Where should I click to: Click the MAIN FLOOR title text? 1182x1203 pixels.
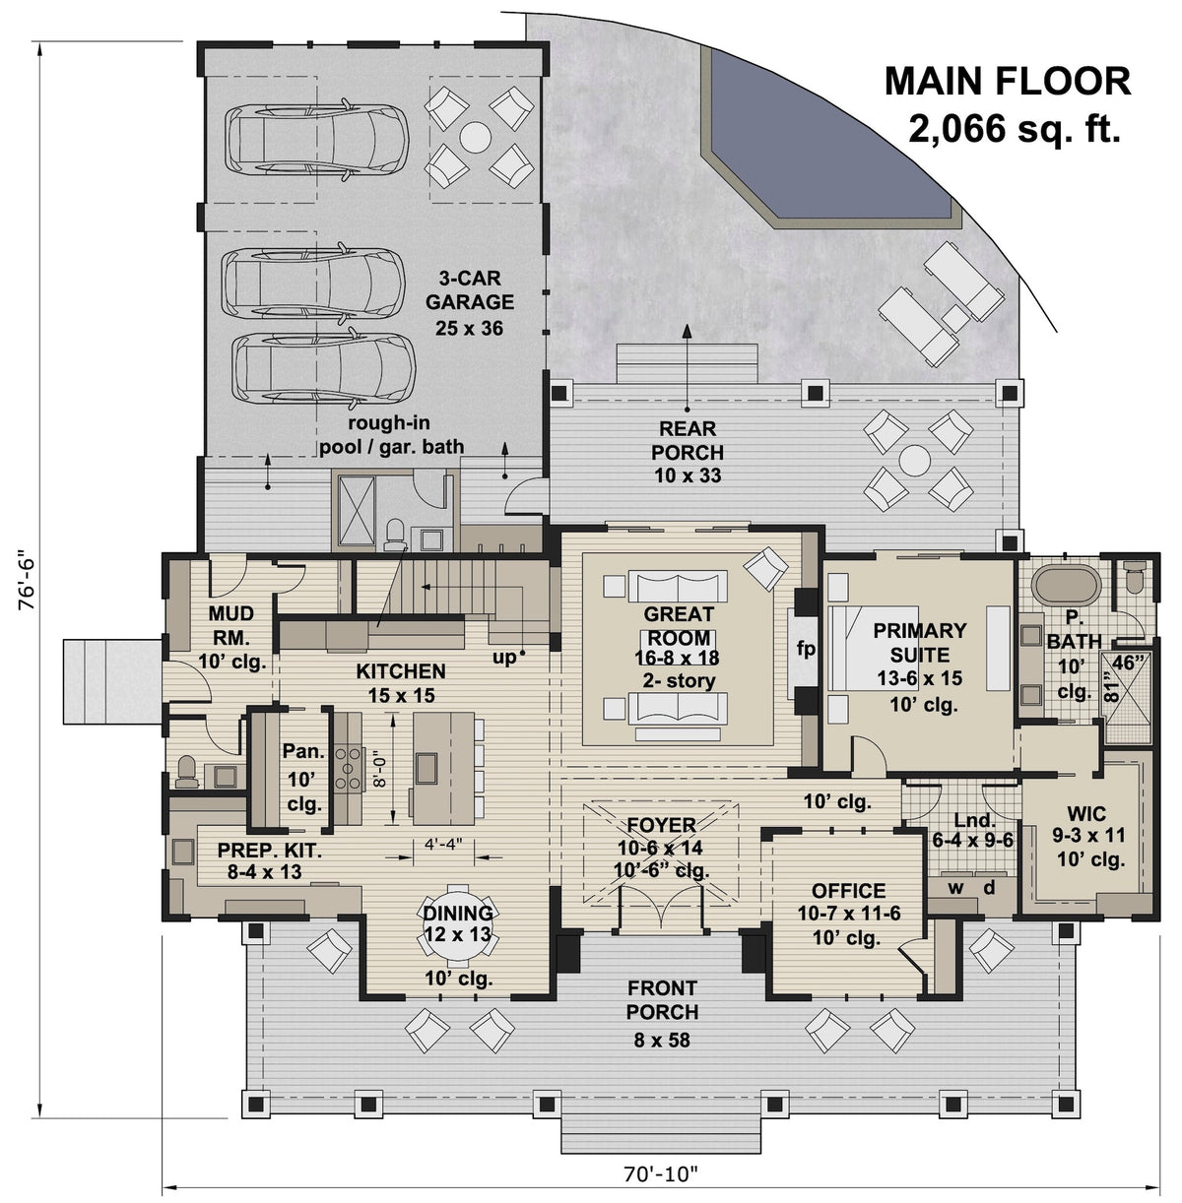coord(1007,81)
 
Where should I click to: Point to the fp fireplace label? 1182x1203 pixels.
coord(806,650)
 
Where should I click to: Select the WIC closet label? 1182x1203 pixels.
coord(1085,814)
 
